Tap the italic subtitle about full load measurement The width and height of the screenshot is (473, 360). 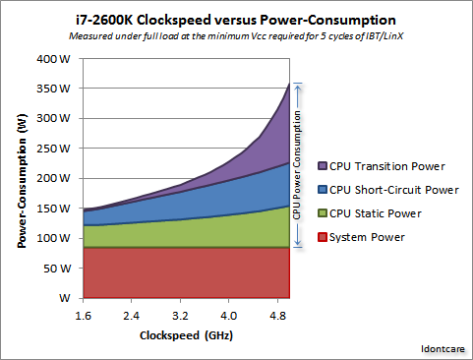pos(236,37)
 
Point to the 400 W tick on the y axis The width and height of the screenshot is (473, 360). pos(52,58)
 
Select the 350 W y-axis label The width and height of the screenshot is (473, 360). pos(52,89)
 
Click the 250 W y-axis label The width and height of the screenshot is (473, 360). pos(52,149)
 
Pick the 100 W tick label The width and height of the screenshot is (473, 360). pos(52,238)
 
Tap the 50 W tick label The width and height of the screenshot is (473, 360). pos(55,268)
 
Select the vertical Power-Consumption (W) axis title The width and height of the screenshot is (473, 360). pos(21,178)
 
